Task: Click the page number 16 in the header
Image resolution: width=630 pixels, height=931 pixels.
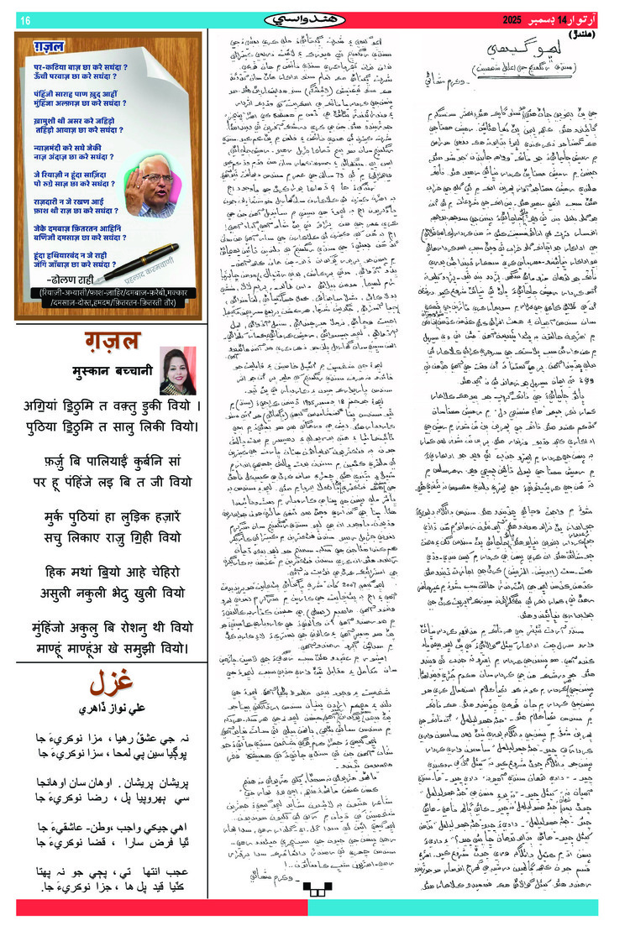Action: pyautogui.click(x=24, y=20)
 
